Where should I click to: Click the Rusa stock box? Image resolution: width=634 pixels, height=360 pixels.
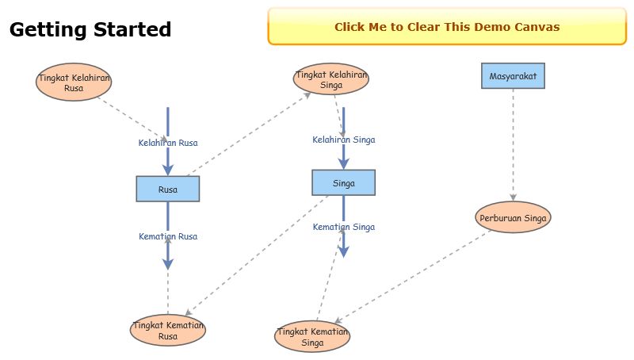click(x=167, y=189)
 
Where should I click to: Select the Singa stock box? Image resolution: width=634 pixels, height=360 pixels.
click(x=343, y=182)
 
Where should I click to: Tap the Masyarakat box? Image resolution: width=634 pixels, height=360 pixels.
click(x=513, y=76)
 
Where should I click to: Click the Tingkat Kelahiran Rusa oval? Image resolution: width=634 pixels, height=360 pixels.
click(x=74, y=82)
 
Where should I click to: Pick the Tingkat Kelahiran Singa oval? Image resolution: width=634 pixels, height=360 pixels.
click(x=332, y=79)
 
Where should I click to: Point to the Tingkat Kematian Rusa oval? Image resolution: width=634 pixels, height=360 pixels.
click(x=168, y=331)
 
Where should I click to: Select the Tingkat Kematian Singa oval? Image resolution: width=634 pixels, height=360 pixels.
click(x=312, y=336)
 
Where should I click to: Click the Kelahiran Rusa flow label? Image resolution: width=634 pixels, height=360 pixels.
click(x=168, y=143)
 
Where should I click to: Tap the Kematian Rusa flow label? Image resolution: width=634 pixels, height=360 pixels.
click(x=168, y=236)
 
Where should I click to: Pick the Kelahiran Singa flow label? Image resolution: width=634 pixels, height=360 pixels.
click(x=343, y=140)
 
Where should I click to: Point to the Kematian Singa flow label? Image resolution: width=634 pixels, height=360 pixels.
click(x=343, y=227)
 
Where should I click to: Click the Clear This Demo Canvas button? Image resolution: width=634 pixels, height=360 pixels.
click(x=447, y=27)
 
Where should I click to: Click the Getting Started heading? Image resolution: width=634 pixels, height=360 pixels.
click(x=90, y=30)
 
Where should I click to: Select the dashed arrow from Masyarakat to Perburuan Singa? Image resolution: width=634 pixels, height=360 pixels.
click(x=513, y=143)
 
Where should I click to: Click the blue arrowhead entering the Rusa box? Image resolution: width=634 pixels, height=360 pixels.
click(x=168, y=169)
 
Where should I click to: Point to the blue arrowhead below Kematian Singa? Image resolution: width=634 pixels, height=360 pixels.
click(x=343, y=251)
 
